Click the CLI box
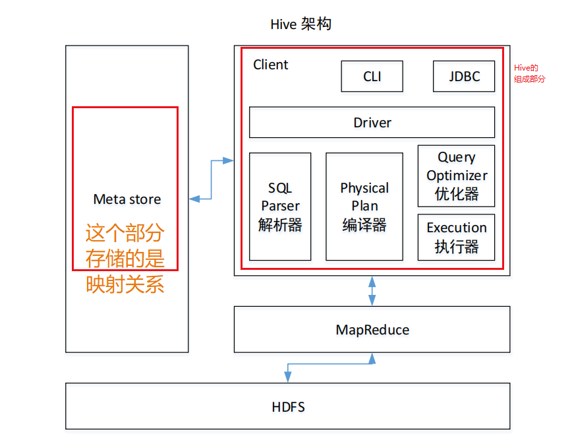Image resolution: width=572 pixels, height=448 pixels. tap(372, 76)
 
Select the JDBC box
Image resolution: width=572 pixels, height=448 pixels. tap(464, 76)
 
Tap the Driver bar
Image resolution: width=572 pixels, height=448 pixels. tap(372, 122)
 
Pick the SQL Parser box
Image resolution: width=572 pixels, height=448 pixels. tap(280, 206)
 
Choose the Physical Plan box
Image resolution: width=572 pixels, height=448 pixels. tap(364, 206)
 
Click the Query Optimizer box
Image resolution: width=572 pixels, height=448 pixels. tap(456, 175)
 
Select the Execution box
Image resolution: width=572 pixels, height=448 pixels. tap(456, 237)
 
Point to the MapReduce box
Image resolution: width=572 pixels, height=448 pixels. tap(372, 329)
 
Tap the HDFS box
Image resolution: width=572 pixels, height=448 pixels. tap(288, 406)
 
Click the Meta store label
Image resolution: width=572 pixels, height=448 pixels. tap(127, 199)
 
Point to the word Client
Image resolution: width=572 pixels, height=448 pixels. tap(271, 65)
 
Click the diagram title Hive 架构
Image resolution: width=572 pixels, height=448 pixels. tap(300, 24)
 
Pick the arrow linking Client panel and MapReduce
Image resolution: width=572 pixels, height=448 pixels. tap(372, 291)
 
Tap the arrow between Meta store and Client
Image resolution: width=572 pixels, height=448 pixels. tap(211, 179)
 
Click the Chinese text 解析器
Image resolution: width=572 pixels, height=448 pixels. tap(280, 225)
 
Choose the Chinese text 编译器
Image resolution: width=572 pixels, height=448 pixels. tap(364, 225)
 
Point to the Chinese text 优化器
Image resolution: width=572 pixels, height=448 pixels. tap(456, 194)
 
